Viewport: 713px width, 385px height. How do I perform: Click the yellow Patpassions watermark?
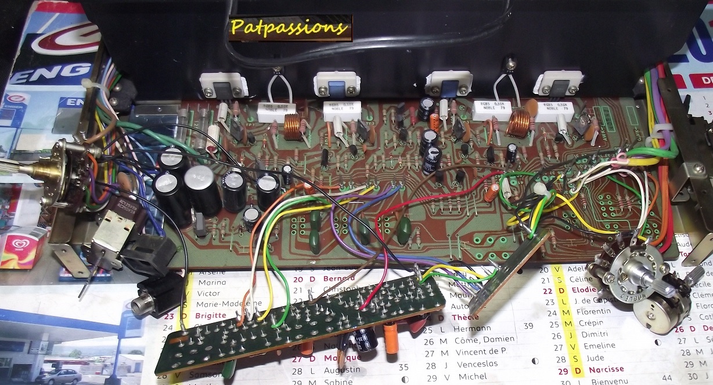(290, 27)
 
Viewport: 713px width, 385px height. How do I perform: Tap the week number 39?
(528, 326)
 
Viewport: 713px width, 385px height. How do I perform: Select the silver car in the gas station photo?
(58, 376)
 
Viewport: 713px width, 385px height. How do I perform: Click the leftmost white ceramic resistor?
(273, 111)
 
